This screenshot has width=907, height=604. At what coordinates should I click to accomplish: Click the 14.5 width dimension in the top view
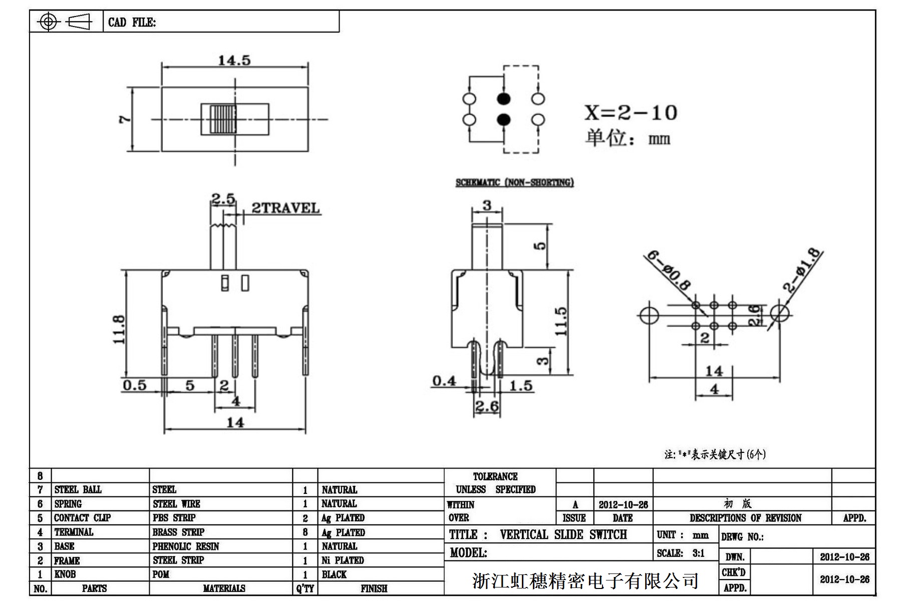234,61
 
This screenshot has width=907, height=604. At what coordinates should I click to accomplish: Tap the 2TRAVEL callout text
285,208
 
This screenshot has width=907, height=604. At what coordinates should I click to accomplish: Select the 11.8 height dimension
119,329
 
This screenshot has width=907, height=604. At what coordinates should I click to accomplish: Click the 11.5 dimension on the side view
561,321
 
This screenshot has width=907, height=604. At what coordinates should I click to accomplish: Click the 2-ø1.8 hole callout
802,270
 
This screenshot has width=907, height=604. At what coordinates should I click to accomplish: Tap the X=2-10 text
631,113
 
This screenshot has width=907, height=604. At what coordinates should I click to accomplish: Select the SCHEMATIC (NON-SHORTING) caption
514,183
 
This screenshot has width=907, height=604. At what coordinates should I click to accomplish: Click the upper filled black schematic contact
503,99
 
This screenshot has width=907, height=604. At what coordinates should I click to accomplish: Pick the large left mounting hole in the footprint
649,315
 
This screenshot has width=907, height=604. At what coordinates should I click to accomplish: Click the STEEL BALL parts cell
78,489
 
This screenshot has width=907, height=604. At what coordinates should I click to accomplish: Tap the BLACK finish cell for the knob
334,574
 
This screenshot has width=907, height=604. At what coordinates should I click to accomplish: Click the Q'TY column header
305,588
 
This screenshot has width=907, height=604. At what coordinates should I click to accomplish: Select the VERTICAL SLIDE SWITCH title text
563,534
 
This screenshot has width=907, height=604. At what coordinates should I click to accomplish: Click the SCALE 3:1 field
681,553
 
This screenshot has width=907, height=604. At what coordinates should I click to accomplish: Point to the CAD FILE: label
132,22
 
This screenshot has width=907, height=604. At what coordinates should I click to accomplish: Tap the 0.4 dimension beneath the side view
444,381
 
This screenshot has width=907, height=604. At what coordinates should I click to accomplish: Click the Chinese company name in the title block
585,580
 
